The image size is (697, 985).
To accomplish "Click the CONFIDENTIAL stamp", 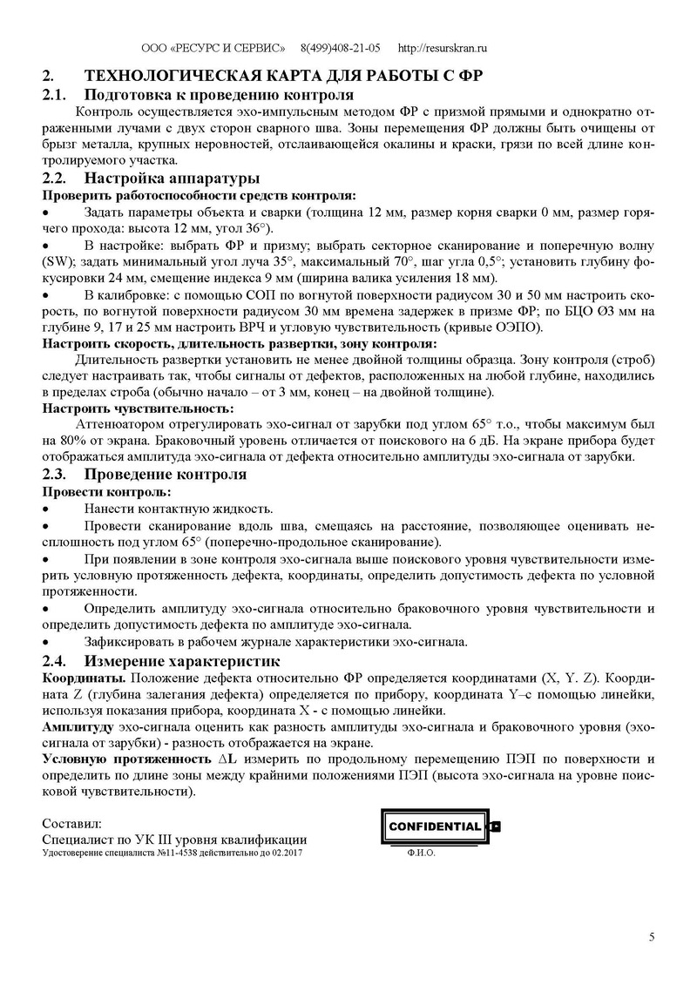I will click(x=434, y=826).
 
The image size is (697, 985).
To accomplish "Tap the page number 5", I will click(x=652, y=937).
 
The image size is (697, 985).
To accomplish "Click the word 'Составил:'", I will click(x=71, y=824).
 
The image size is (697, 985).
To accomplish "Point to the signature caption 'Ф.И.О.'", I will click(x=421, y=853).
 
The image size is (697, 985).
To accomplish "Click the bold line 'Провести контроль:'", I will click(x=98, y=492).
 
